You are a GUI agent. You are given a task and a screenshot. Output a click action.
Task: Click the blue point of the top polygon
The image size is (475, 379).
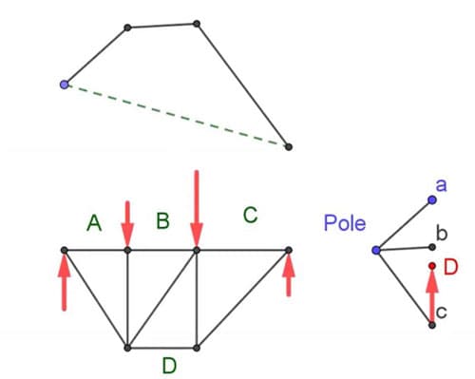(x=64, y=85)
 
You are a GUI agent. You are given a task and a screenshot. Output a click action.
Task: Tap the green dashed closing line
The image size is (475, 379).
(x=176, y=115)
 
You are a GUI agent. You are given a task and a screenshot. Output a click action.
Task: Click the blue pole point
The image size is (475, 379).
(x=376, y=250)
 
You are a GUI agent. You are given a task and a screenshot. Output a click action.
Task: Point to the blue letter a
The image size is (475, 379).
(x=441, y=183)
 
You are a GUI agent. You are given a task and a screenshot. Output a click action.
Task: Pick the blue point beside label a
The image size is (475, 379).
(x=431, y=199)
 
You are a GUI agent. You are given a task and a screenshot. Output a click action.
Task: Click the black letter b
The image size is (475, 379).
(x=440, y=233)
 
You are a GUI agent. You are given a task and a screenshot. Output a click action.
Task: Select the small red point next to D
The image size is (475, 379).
(x=431, y=266)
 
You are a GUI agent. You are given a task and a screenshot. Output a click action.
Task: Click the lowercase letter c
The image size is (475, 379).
(x=442, y=310)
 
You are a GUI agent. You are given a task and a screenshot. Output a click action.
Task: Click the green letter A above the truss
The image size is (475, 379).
(x=93, y=222)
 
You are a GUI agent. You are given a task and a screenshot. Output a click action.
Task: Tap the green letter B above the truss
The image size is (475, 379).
(x=162, y=221)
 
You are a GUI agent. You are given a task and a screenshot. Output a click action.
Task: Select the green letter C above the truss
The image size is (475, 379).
(x=250, y=216)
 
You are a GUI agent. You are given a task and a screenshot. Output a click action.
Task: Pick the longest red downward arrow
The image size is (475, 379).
(x=197, y=209)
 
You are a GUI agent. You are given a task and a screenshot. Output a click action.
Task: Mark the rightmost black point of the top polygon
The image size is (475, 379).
(x=288, y=146)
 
